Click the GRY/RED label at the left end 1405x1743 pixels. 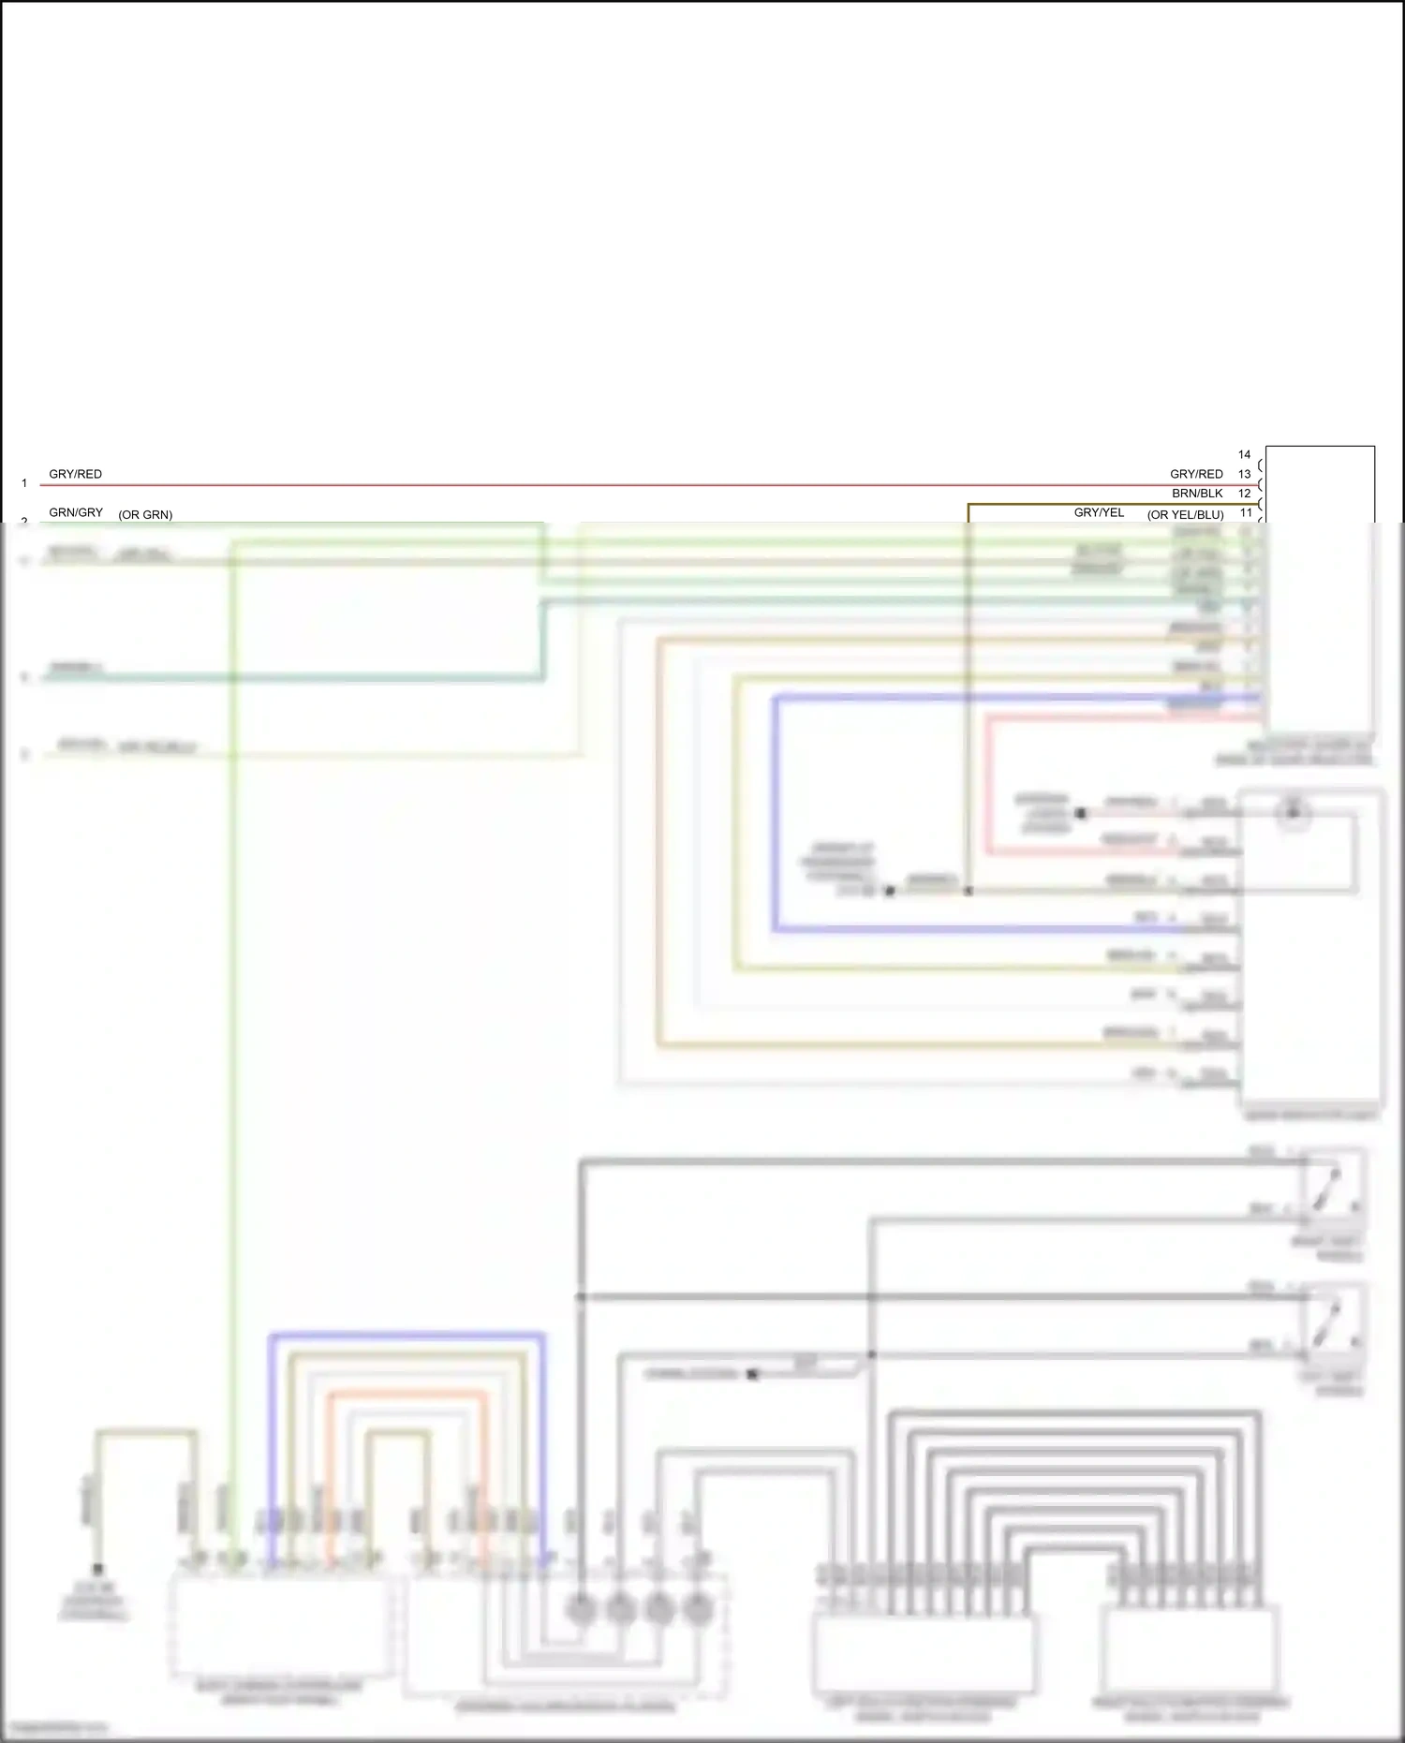tap(75, 474)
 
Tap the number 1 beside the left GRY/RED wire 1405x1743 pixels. tap(24, 483)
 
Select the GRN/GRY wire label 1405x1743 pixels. tap(76, 512)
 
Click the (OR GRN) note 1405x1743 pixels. tap(145, 515)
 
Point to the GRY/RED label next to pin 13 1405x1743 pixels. tap(1196, 474)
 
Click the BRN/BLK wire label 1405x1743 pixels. tap(1197, 494)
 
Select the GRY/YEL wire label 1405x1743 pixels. tap(1099, 512)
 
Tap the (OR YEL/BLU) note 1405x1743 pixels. tap(1185, 515)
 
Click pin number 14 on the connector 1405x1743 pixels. tap(1244, 454)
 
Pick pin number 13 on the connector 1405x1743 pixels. tap(1244, 474)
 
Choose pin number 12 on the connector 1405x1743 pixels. tap(1244, 494)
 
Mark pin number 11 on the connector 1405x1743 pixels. tap(1246, 512)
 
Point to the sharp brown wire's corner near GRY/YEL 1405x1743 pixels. tap(969, 505)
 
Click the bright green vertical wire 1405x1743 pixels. tap(232, 1030)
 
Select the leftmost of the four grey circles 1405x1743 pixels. tap(582, 1609)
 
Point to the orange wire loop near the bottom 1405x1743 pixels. tap(407, 1396)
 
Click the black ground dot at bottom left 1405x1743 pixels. tap(97, 1569)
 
